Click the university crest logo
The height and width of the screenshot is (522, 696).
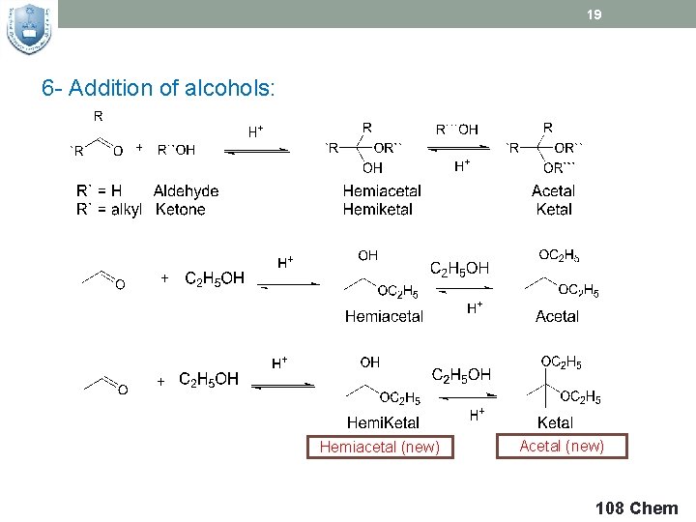[x=29, y=29]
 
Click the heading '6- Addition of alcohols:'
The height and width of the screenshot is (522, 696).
[x=159, y=89]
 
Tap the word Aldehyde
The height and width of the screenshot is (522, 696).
[x=186, y=191]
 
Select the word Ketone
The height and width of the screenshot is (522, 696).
[x=180, y=209]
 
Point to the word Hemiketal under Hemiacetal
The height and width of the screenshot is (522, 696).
[x=378, y=209]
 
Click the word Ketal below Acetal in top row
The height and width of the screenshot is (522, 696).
[x=553, y=209]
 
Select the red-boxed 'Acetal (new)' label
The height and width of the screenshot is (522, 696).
[x=562, y=446]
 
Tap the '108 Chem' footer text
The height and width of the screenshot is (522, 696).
[x=637, y=508]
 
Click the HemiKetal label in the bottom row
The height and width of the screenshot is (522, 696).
[x=384, y=422]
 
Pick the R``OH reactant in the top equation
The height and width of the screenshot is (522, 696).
[x=176, y=150]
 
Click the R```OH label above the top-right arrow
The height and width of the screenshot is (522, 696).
[x=457, y=130]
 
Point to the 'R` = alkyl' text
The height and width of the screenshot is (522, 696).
[x=109, y=209]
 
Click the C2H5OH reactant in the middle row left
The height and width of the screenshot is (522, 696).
[x=215, y=278]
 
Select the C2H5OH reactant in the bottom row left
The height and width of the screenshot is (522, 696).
[x=209, y=379]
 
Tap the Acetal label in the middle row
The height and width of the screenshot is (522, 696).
[x=557, y=316]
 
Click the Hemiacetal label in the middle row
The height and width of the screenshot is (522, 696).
[x=384, y=316]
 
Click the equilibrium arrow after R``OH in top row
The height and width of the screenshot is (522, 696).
[x=256, y=150]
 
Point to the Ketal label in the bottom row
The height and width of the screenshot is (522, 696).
[x=555, y=422]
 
